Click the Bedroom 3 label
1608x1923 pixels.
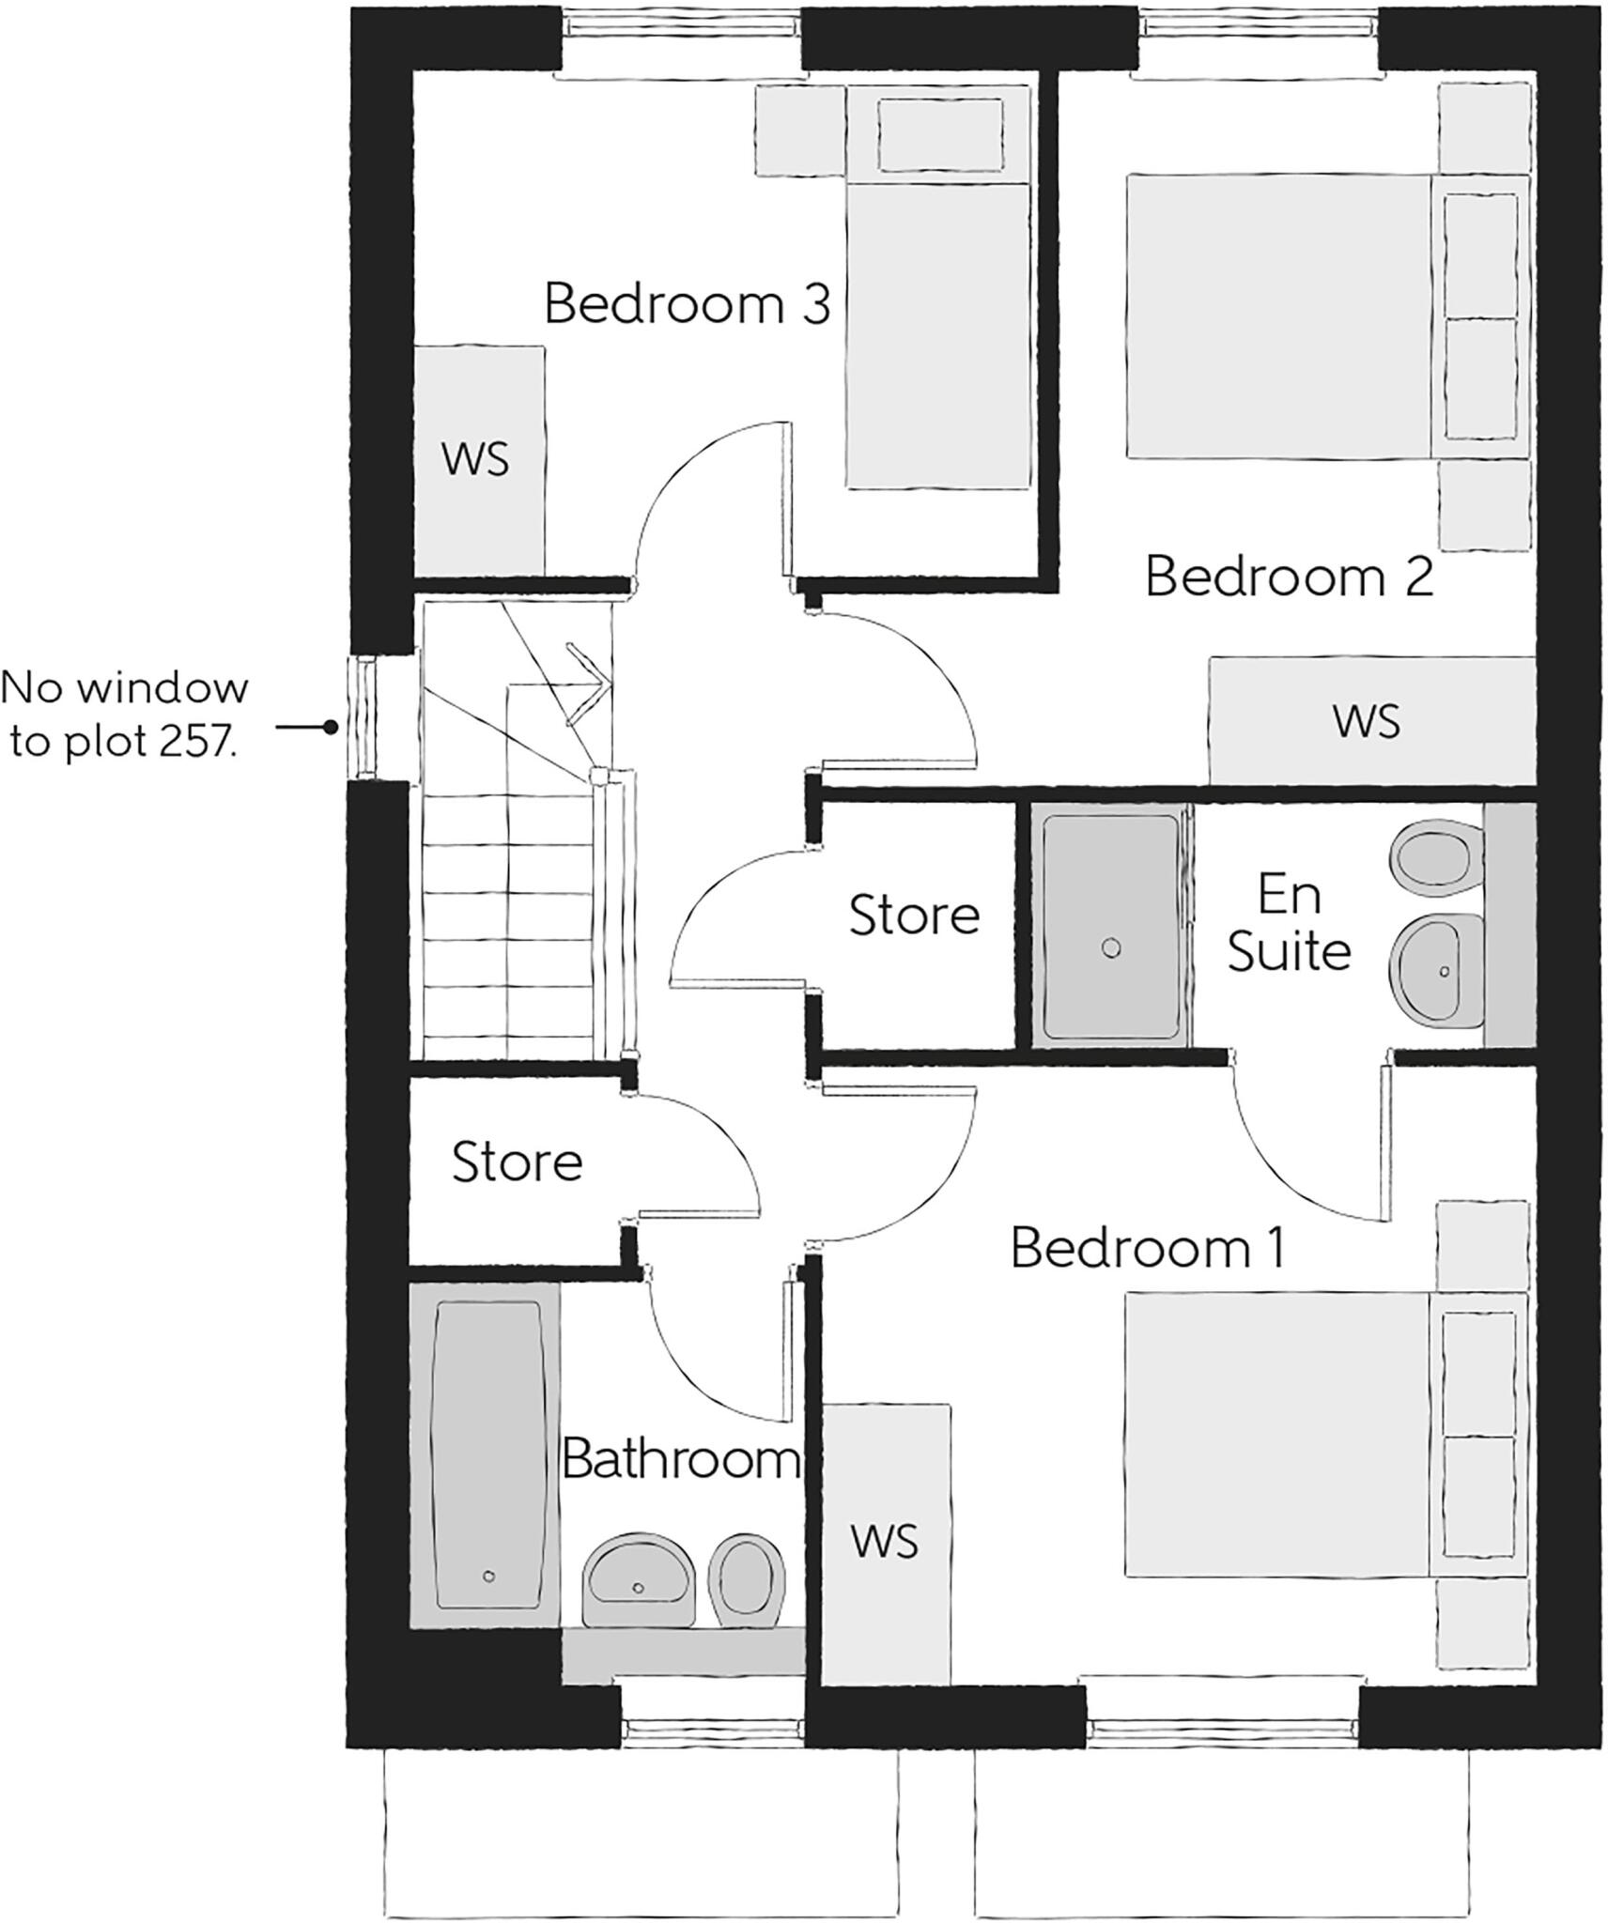tap(687, 305)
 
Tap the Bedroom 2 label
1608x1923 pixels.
tap(1289, 577)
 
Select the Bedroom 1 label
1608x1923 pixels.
tap(1147, 1248)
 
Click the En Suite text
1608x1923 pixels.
tap(1289, 924)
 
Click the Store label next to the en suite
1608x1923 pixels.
tap(913, 915)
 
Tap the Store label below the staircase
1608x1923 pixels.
tap(517, 1162)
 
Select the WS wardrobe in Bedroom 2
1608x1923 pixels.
tap(1366, 721)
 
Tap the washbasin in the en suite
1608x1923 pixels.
tap(1434, 969)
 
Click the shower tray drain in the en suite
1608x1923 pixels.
tap(1111, 948)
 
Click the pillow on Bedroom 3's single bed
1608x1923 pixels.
tap(937, 136)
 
